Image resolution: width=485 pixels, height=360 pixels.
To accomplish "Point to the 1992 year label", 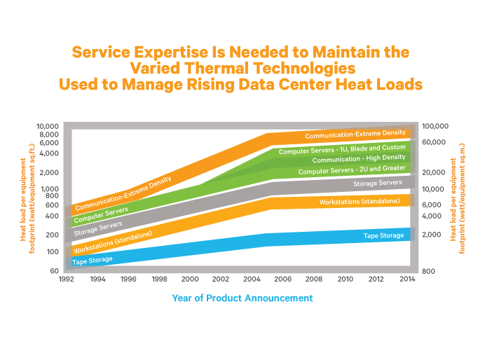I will [x=67, y=279].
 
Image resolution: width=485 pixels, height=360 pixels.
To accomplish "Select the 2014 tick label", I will [x=406, y=279].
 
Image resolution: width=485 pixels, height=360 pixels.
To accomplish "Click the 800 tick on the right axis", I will [x=429, y=270].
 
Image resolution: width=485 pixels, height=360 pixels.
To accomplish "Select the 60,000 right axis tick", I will [x=434, y=142].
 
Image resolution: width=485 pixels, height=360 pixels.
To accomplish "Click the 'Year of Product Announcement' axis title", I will [x=242, y=298].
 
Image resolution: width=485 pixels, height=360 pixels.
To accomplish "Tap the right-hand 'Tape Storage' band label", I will [x=383, y=236].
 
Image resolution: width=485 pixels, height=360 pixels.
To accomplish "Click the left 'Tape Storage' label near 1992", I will [x=92, y=261].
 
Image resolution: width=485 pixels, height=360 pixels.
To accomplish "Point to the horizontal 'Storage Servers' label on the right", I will [x=377, y=184].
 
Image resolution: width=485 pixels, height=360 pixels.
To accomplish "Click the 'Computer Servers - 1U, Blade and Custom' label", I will [x=341, y=149].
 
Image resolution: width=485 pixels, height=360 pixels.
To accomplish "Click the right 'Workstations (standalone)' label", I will [x=360, y=202].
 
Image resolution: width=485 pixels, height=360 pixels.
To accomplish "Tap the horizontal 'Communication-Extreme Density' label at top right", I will [x=355, y=134].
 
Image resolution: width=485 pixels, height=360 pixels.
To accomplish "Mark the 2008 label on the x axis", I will [x=313, y=279].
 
